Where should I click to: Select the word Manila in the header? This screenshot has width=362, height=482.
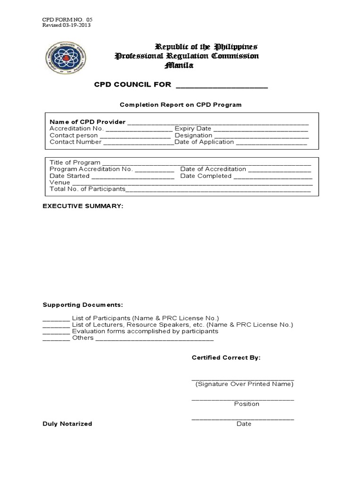tap(179, 65)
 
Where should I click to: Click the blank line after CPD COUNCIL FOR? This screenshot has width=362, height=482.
tap(222, 86)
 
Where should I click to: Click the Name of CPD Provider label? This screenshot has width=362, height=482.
tap(88, 122)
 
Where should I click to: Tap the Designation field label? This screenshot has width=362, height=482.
tap(193, 135)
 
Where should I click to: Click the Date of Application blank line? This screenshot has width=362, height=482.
tap(271, 143)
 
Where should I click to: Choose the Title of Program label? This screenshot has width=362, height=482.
tap(75, 162)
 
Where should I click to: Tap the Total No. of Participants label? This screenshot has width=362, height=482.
tap(87, 189)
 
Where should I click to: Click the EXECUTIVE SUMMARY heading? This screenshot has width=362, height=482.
tap(83, 206)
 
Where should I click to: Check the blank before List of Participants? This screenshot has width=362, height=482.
tap(56, 319)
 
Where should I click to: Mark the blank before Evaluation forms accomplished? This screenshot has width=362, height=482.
tap(56, 332)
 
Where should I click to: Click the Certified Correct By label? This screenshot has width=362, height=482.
tap(226, 358)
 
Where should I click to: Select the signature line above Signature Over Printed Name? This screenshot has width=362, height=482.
tap(243, 378)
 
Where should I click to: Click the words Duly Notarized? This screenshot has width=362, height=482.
tap(67, 424)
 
